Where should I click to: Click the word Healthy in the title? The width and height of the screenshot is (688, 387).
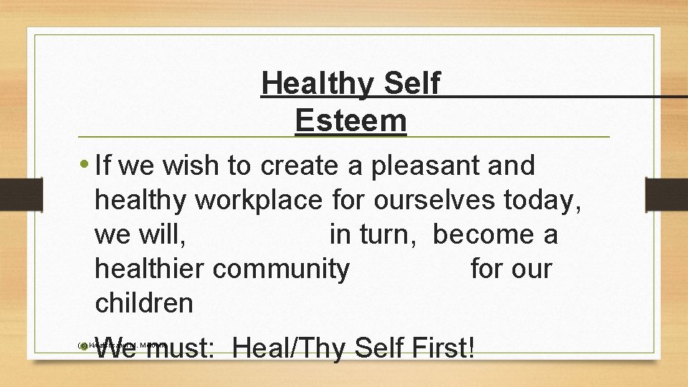317,84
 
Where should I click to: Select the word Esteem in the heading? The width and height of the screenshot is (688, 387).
350,120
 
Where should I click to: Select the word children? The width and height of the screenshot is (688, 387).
144,303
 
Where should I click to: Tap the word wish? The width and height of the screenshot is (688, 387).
192,166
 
